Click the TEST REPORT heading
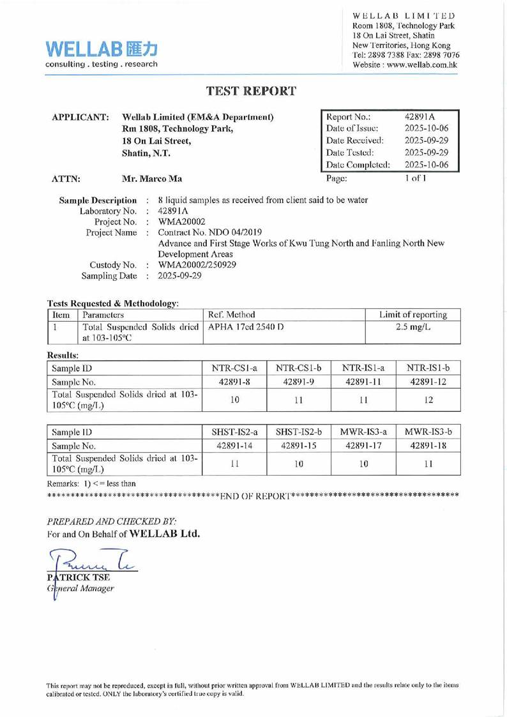coord(253,91)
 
